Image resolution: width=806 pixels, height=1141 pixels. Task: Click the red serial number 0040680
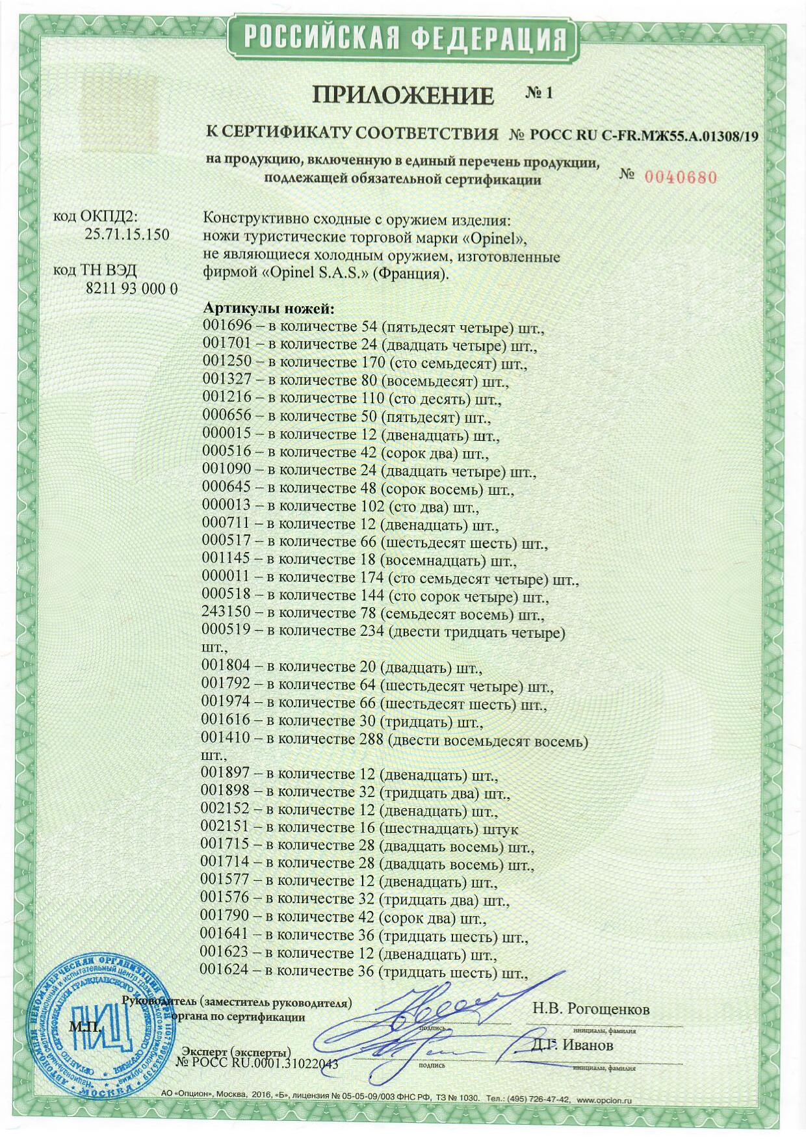[x=681, y=177]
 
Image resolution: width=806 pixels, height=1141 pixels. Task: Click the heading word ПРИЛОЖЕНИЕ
[x=403, y=96]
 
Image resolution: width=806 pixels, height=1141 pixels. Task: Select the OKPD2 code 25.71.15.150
[x=127, y=234]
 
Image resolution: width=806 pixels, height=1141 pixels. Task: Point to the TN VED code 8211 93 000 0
[x=131, y=289]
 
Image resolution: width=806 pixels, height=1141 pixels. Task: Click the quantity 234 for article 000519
[x=371, y=631]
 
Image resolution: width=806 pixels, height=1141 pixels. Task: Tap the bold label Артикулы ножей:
[x=268, y=309]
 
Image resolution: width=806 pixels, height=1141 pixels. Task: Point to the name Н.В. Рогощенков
[x=590, y=1009]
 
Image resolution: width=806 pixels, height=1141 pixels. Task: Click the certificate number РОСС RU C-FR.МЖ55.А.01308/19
[x=643, y=136]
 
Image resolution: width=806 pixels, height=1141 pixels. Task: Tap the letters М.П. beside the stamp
[x=85, y=1027]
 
